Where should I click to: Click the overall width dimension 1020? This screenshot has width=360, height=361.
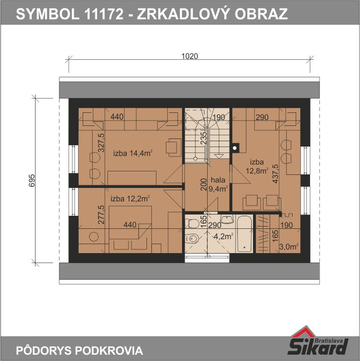pyautogui.click(x=189, y=56)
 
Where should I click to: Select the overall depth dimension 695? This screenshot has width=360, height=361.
pyautogui.click(x=32, y=181)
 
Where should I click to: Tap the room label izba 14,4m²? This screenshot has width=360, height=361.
pyautogui.click(x=133, y=153)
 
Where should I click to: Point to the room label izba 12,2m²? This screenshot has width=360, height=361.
pyautogui.click(x=130, y=198)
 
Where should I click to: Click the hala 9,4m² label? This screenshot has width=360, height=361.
pyautogui.click(x=218, y=184)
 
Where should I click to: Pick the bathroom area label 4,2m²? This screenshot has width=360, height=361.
pyautogui.click(x=223, y=236)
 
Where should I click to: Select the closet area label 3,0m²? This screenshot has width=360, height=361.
pyautogui.click(x=289, y=247)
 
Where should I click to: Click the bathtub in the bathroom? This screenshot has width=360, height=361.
pyautogui.click(x=244, y=234)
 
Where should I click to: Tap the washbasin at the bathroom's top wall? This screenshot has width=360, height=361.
pyautogui.click(x=227, y=219)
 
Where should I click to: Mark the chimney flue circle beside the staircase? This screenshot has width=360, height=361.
pyautogui.click(x=235, y=148)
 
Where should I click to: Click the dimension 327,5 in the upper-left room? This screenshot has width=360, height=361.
pyautogui.click(x=101, y=143)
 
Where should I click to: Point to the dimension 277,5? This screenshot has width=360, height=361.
pyautogui.click(x=101, y=214)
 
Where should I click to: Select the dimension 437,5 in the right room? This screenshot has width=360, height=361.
pyautogui.click(x=276, y=174)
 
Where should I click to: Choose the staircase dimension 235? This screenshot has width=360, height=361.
pyautogui.click(x=204, y=138)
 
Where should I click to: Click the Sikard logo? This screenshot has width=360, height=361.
pyautogui.click(x=318, y=341)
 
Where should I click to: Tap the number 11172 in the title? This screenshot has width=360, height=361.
pyautogui.click(x=104, y=14)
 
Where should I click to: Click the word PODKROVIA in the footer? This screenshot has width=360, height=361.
pyautogui.click(x=109, y=350)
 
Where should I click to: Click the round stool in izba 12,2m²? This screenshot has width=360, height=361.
pyautogui.click(x=93, y=237)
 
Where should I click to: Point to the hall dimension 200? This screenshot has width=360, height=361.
pyautogui.click(x=204, y=184)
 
